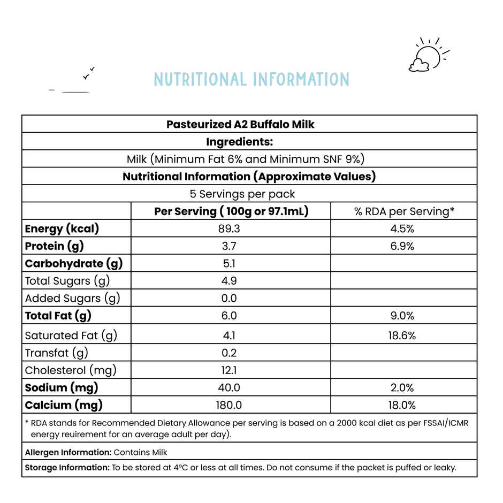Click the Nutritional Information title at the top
click(251, 80)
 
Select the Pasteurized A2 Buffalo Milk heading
click(240, 125)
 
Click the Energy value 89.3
click(229, 229)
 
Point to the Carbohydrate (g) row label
click(74, 263)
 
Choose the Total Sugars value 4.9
click(229, 281)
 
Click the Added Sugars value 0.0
click(229, 298)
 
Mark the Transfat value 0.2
click(229, 353)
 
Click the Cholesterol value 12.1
click(229, 370)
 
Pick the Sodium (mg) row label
click(62, 387)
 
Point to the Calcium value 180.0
click(229, 405)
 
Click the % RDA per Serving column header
click(404, 211)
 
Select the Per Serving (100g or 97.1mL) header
click(231, 211)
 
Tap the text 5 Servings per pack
click(242, 194)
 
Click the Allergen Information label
click(67, 453)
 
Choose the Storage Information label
click(67, 468)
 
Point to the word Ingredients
click(240, 142)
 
